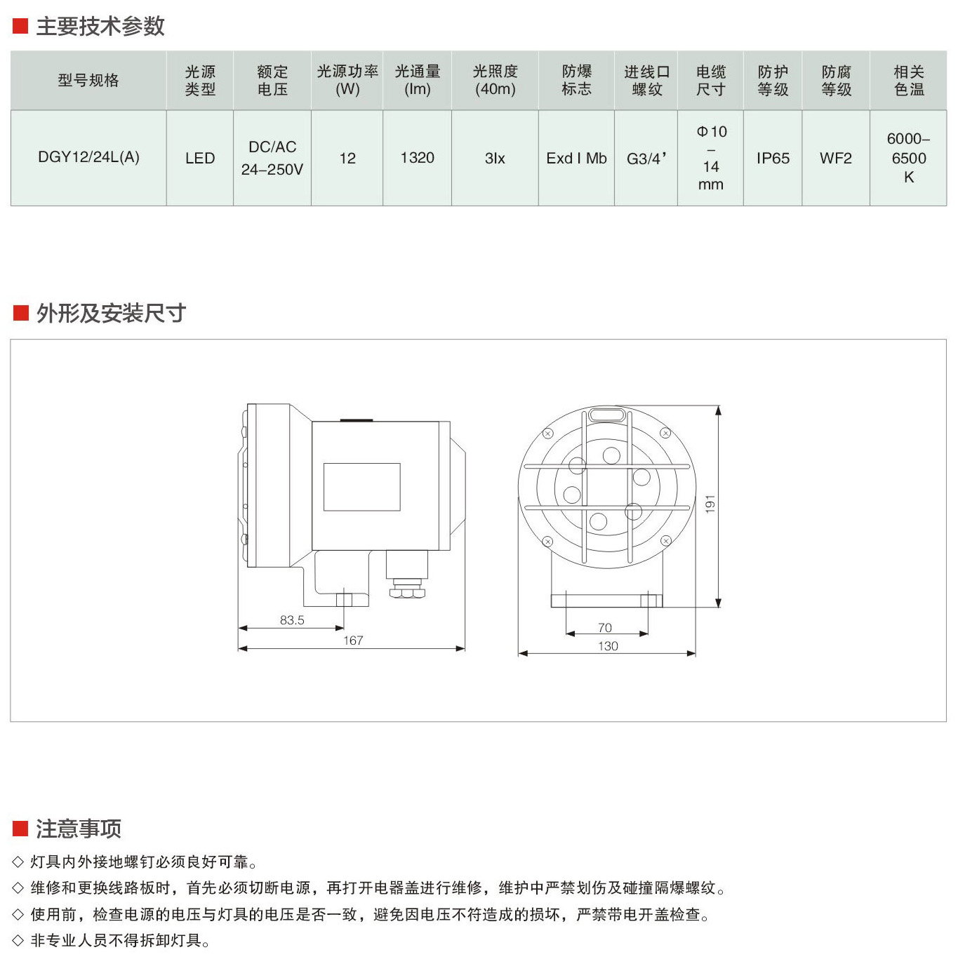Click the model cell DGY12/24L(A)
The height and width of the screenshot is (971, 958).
click(x=88, y=157)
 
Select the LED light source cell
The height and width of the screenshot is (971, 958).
click(x=200, y=159)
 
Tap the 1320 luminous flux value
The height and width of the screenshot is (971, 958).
click(x=418, y=158)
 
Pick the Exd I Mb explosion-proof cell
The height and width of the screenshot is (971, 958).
click(x=576, y=159)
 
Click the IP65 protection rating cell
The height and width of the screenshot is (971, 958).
click(x=773, y=159)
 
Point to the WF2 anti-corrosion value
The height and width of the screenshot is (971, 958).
click(x=836, y=159)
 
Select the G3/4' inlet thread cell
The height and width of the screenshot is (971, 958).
click(x=646, y=159)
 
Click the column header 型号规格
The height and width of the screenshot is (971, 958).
click(x=88, y=80)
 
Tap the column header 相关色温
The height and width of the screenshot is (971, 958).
click(x=909, y=81)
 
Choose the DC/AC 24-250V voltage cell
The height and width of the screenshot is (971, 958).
click(x=272, y=159)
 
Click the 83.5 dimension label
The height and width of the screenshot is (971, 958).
click(x=292, y=620)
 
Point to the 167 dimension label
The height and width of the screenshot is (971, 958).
click(x=353, y=641)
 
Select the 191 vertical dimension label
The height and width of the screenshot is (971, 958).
click(x=710, y=504)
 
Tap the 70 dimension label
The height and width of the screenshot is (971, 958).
click(x=605, y=628)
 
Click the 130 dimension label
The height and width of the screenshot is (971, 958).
click(x=608, y=646)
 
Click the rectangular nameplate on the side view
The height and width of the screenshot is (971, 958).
click(x=362, y=488)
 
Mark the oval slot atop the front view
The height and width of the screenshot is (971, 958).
click(x=607, y=415)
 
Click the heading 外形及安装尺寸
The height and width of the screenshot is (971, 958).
click(x=112, y=314)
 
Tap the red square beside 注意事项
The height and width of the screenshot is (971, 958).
click(x=20, y=829)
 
